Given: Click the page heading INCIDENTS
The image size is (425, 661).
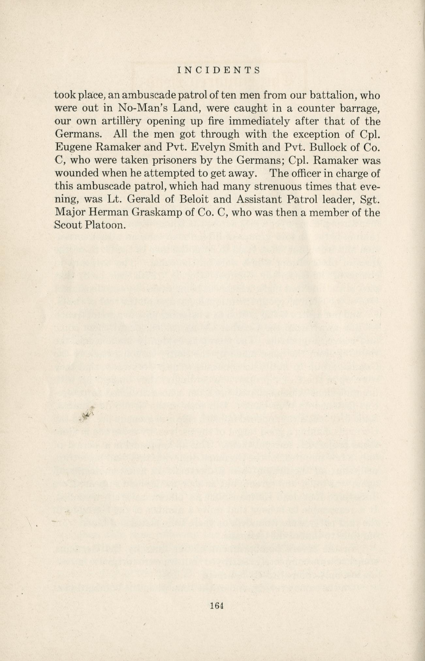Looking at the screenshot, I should [218, 70].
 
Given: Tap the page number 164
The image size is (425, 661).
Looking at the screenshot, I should [216, 606].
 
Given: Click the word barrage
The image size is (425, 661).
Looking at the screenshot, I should [361, 109].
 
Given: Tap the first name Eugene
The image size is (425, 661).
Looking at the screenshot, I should [72, 147].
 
